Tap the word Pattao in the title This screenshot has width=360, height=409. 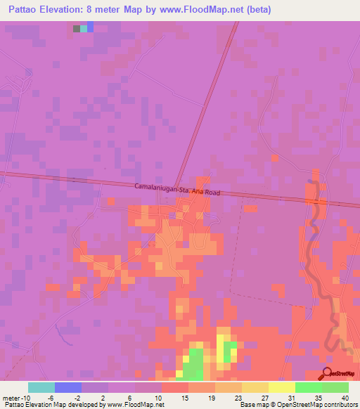click(x=25, y=10)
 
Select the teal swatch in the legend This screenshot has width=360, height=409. click(x=41, y=387)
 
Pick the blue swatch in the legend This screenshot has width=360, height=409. click(x=67, y=387)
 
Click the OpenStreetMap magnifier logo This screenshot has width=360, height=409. click(x=327, y=373)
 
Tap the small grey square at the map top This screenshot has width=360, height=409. click(x=77, y=29)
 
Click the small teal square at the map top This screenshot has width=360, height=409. click(x=84, y=29)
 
